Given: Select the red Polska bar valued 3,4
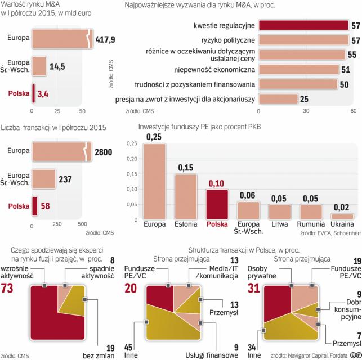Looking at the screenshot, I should (34, 93).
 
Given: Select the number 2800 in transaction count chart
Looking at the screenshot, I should (104, 152).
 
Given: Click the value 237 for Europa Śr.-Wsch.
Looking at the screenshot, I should (65, 179).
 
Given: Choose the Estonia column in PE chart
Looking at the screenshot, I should (185, 196).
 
